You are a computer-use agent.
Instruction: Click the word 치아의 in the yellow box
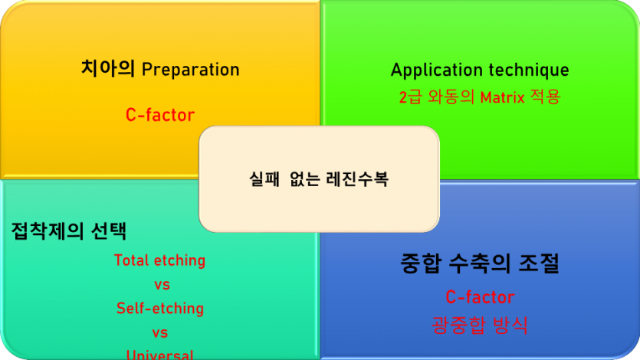pos(108,69)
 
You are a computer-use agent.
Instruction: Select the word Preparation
pos(191,70)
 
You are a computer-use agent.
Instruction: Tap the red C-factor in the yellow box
pos(160,115)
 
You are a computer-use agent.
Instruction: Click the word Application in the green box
pos(433,70)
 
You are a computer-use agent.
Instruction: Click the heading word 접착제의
pos(47,230)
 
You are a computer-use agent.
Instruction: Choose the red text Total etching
pos(159,260)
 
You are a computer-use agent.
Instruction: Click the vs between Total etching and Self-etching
pos(161,284)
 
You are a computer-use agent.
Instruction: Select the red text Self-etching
pos(160,309)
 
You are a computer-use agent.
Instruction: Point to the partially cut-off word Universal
pos(160,355)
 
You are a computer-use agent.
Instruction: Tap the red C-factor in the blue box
pos(480,297)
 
